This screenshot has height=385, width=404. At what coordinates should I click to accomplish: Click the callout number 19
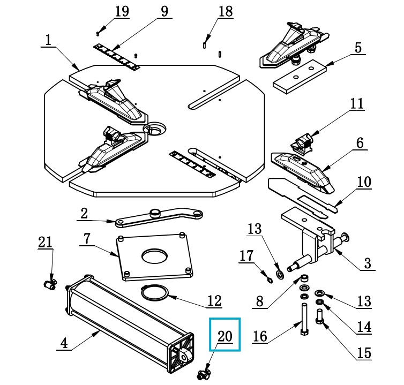click(x=122, y=12)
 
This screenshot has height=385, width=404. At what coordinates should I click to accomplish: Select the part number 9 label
click(x=164, y=11)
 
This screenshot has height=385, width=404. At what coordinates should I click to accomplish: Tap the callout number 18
click(x=226, y=11)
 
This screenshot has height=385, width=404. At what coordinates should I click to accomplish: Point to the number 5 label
click(x=357, y=47)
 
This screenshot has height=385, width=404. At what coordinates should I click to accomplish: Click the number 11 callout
click(x=357, y=103)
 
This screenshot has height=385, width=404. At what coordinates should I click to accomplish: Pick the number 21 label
click(x=46, y=243)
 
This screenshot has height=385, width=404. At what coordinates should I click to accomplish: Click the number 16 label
click(x=260, y=336)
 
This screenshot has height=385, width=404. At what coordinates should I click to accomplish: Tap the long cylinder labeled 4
click(x=126, y=318)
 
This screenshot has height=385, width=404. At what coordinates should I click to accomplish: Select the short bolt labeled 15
click(x=321, y=327)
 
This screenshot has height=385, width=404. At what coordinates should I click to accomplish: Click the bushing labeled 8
click(x=303, y=278)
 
